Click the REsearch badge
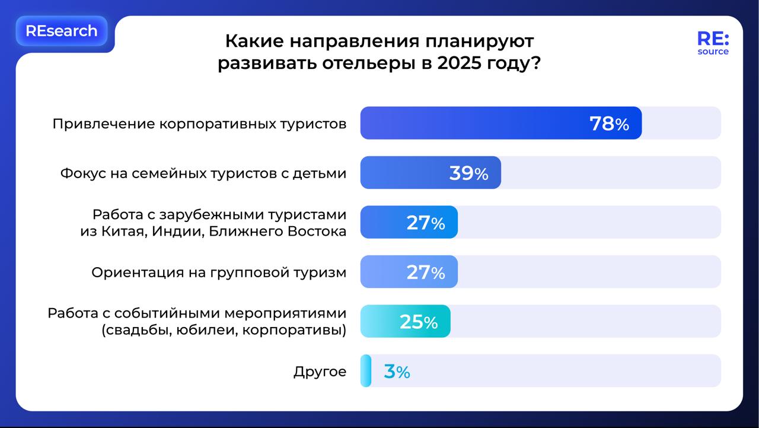(62, 31)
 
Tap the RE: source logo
(713, 43)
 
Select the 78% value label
(609, 123)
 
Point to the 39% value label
(468, 173)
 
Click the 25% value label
(419, 322)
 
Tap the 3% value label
(397, 372)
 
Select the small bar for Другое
(365, 371)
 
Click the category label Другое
(320, 372)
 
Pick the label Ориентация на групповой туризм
(218, 272)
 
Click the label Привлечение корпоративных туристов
(199, 124)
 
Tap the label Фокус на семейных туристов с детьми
(203, 173)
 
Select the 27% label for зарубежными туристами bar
(425, 223)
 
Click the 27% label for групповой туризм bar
(425, 272)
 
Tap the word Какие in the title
(254, 41)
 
